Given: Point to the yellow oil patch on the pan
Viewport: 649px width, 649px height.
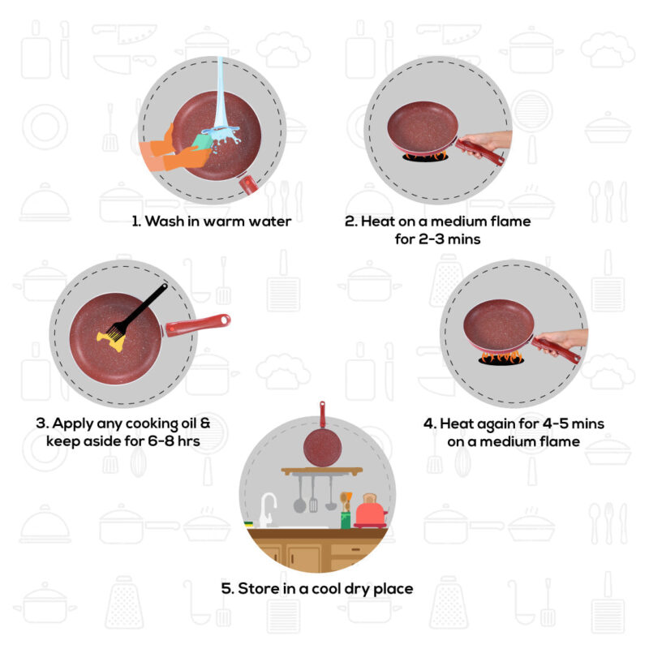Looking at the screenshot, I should tap(110, 339).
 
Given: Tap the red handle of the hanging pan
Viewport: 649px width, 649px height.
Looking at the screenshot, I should tap(322, 415).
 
